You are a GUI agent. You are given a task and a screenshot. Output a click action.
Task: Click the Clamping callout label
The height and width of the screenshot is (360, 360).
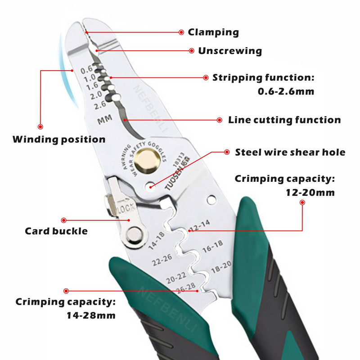pyautogui.click(x=213, y=32)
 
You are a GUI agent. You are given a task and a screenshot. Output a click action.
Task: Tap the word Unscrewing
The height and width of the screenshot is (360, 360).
pyautogui.click(x=230, y=51)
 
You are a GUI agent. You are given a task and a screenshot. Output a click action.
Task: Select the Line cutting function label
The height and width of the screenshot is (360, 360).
pyautogui.click(x=284, y=120)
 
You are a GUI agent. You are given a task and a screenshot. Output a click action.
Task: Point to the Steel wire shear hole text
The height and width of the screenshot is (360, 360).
pyautogui.click(x=290, y=152)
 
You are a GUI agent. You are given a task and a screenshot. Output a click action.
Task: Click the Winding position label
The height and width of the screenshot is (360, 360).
pyautogui.click(x=59, y=139)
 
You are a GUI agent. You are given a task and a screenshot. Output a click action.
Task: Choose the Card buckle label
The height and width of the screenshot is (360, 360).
pyautogui.click(x=56, y=231)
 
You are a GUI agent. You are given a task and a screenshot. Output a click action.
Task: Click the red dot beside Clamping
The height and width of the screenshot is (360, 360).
pyautogui.click(x=181, y=32)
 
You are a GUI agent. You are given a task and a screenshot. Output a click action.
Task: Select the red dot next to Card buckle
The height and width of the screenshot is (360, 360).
pyautogui.click(x=63, y=220)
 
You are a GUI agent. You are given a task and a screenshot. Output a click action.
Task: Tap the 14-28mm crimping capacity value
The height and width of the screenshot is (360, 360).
pyautogui.click(x=90, y=315)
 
